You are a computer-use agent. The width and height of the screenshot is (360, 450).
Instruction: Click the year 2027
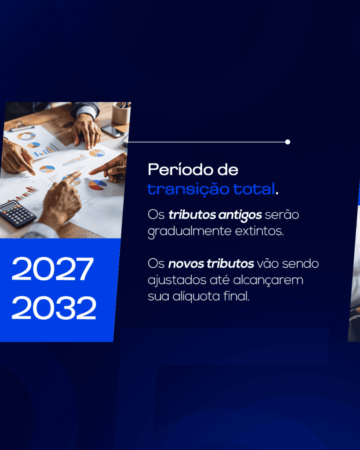click(x=53, y=269)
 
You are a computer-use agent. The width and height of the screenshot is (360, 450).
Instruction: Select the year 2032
click(x=54, y=308)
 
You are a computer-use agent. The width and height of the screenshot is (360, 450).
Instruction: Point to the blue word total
click(x=254, y=189)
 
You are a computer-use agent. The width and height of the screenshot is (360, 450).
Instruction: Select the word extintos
click(x=259, y=231)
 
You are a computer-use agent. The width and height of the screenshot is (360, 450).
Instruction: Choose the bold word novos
click(x=186, y=264)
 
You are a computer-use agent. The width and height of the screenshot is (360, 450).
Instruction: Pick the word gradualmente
click(x=189, y=232)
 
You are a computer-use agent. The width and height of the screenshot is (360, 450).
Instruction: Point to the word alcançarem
click(x=268, y=280)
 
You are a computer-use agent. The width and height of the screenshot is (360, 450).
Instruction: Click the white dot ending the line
click(x=287, y=142)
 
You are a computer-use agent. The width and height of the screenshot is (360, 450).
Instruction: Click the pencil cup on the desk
click(x=121, y=113)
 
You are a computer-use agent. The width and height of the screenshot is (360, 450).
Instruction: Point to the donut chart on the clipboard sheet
click(x=26, y=136)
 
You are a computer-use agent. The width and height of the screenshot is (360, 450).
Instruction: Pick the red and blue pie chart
click(x=97, y=185)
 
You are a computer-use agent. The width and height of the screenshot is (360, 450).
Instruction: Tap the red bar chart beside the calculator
click(x=27, y=193)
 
